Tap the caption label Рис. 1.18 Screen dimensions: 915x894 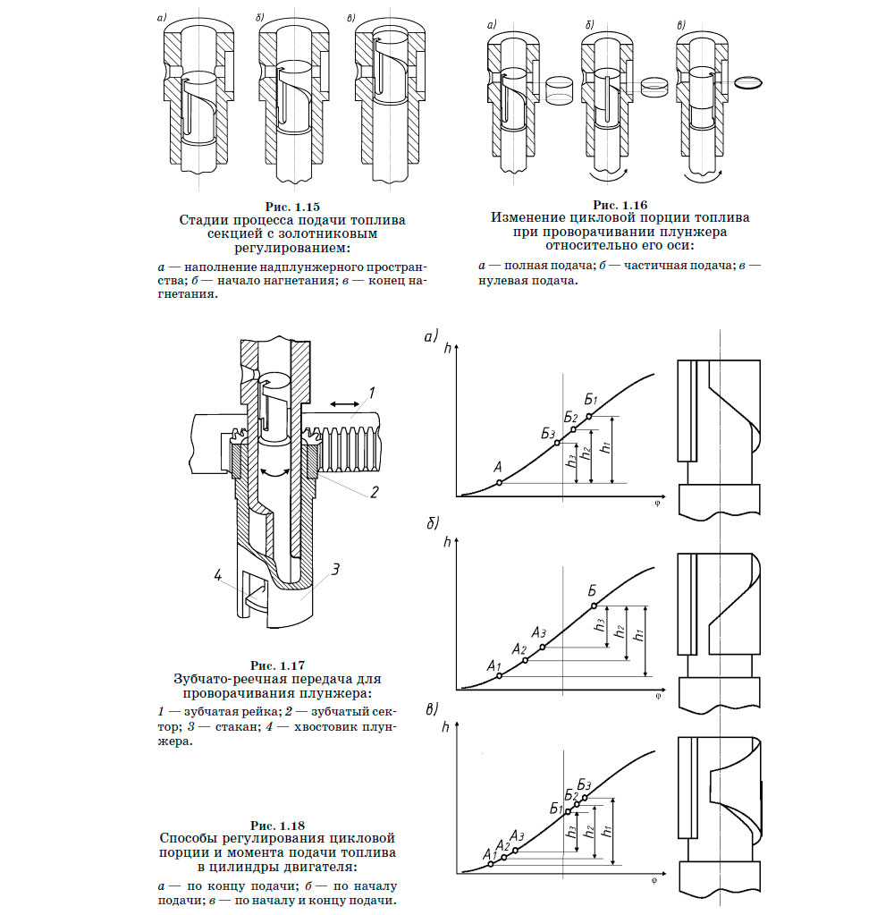(x=277, y=825)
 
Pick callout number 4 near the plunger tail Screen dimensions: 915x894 (x=217, y=574)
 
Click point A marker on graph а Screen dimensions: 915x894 (x=499, y=483)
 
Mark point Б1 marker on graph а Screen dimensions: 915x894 (x=588, y=416)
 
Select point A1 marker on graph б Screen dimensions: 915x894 (x=499, y=676)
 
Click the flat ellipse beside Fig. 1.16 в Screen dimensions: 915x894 (x=751, y=82)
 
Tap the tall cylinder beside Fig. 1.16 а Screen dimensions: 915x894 (x=560, y=87)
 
